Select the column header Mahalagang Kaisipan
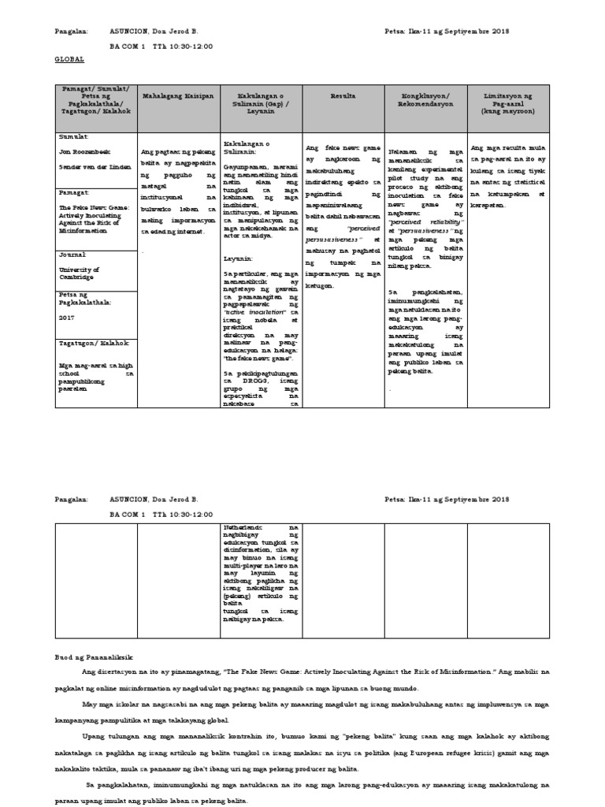177,96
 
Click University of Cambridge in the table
80,273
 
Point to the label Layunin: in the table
237,258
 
